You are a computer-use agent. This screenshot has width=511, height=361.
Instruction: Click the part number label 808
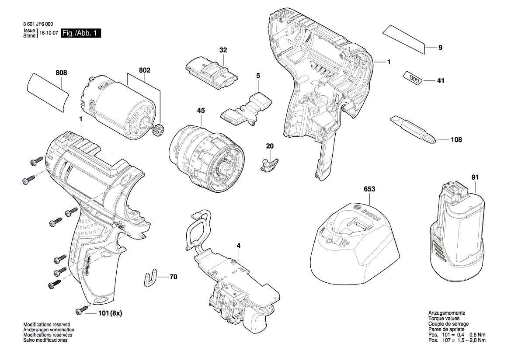tap(62, 73)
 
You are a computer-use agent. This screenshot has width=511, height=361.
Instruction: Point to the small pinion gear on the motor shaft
tap(157, 130)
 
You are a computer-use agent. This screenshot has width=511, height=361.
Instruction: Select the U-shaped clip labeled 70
tap(150, 277)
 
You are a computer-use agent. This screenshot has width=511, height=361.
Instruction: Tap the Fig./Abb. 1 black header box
tap(81, 33)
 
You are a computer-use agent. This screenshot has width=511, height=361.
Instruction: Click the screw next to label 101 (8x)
tap(80, 311)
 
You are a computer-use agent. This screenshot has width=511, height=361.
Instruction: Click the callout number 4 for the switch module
tap(239, 246)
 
